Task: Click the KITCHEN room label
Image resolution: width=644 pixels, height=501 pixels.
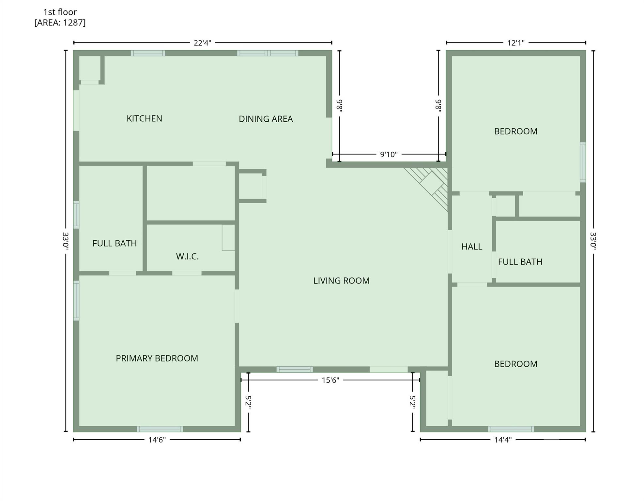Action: (144, 118)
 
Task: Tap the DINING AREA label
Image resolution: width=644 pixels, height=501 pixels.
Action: (266, 119)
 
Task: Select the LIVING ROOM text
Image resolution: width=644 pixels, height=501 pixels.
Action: (341, 281)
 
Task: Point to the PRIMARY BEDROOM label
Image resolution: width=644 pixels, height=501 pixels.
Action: (157, 358)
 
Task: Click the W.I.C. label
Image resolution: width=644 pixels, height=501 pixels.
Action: (187, 256)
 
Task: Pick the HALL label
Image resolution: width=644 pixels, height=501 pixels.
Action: (471, 247)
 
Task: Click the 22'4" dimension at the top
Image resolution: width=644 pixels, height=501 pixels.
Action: (202, 43)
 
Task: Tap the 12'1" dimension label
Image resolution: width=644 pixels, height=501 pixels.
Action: (515, 43)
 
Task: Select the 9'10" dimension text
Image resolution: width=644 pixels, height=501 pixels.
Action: (389, 154)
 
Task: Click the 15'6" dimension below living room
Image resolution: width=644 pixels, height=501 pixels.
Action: (330, 380)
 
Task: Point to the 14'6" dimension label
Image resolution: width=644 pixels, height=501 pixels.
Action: (157, 440)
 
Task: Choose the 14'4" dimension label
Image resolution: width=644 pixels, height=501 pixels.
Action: (502, 440)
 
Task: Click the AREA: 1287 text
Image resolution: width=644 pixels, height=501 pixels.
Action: (60, 23)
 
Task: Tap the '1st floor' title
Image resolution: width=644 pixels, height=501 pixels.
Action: (60, 12)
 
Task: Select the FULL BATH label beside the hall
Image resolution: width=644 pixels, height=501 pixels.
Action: (520, 262)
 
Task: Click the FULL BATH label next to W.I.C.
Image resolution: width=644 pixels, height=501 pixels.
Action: (115, 243)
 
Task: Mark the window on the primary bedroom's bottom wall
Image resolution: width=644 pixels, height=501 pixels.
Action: (160, 429)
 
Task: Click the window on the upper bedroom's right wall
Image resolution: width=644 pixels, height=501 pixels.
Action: (582, 162)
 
